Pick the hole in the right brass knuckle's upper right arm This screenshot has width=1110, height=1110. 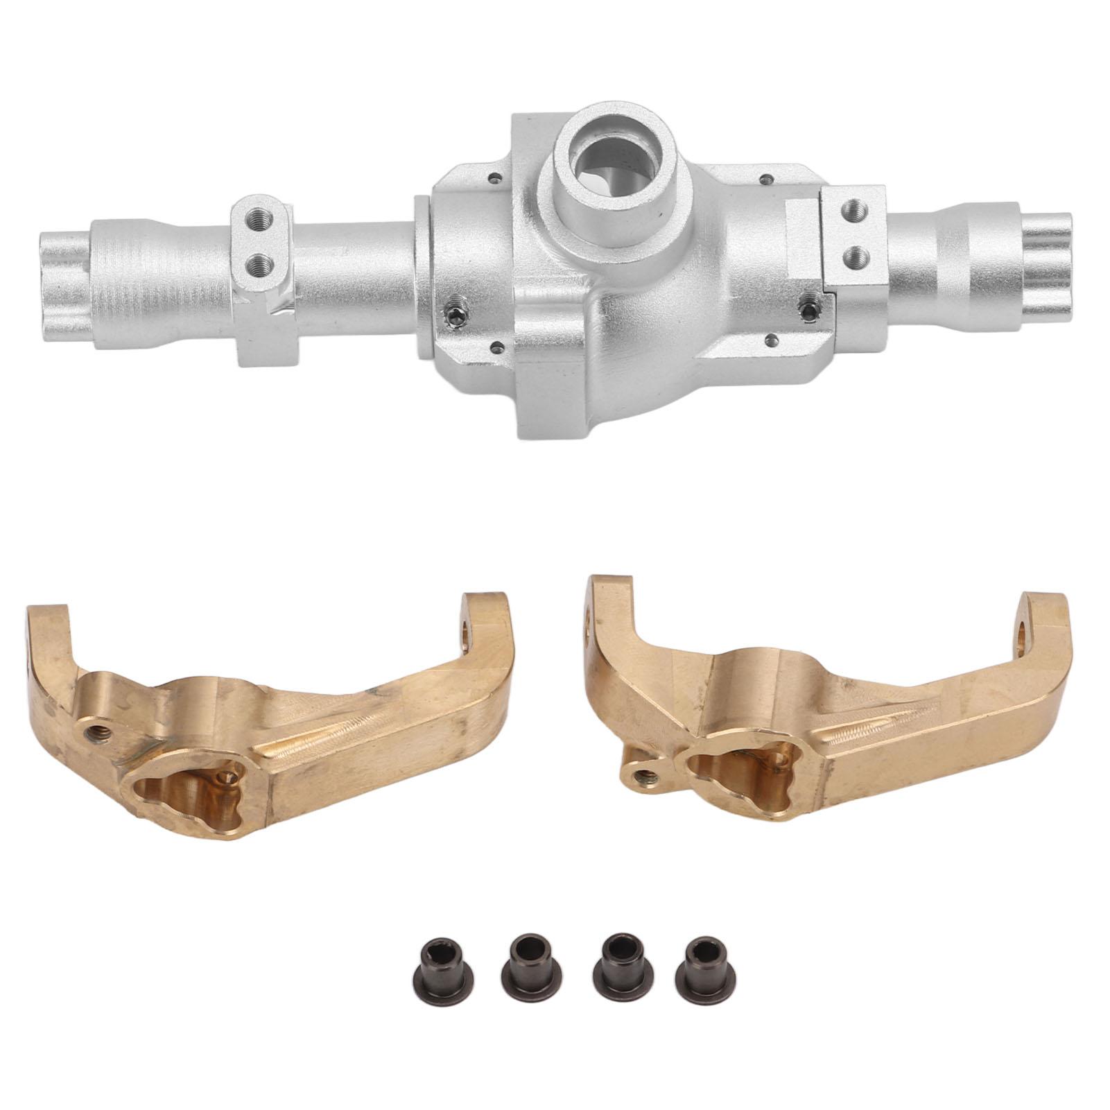pos(1025,632)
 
